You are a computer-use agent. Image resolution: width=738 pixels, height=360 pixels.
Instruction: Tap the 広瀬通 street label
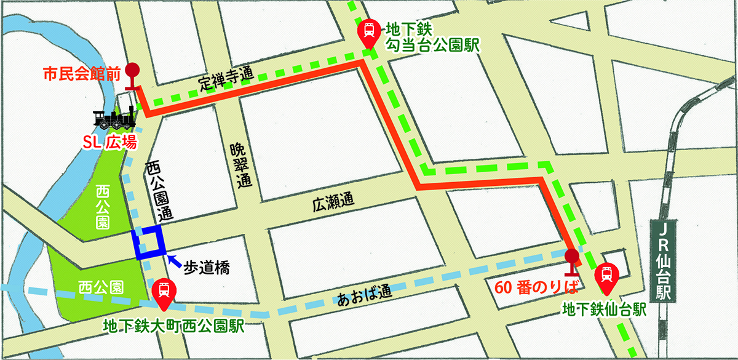[x=333, y=201]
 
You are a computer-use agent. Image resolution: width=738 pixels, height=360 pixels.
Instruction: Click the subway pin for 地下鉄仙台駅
[x=606, y=274]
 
